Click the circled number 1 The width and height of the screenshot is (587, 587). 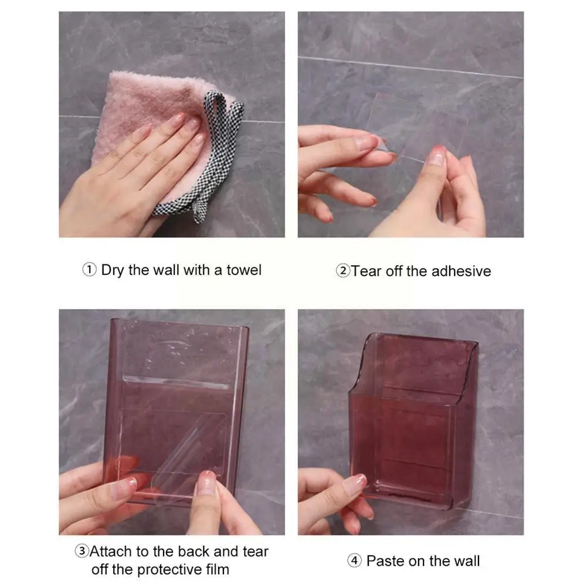[89, 270]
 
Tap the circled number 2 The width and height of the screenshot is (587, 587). [342, 271]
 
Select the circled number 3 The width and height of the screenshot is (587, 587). [82, 551]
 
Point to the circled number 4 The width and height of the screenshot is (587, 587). [354, 561]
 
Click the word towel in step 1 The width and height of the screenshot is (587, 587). [244, 270]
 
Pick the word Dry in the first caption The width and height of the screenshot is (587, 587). [113, 270]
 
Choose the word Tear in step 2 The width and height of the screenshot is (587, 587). [367, 271]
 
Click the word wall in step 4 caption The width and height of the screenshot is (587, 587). [466, 561]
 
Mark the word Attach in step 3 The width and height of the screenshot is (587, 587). [111, 551]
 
